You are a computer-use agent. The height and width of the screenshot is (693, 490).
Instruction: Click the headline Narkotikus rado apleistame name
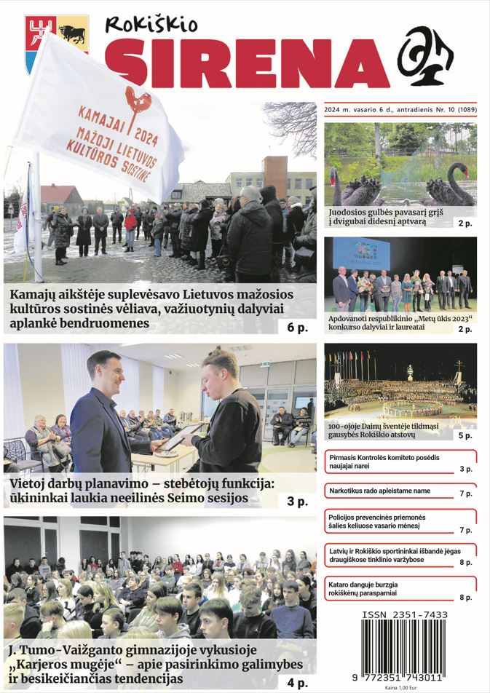(x=379, y=491)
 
